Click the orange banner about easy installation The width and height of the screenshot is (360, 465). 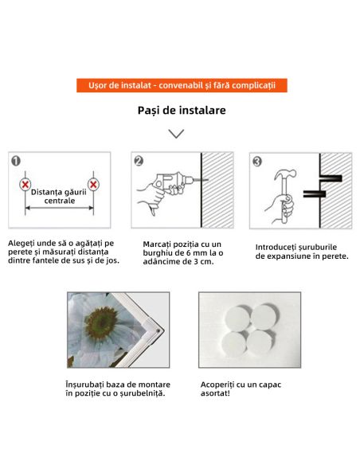point(182,85)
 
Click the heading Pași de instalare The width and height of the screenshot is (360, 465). point(182,111)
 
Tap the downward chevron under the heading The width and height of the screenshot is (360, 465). point(176,134)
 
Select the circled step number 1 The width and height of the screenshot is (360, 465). point(16,161)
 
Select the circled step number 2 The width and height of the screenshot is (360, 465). point(139,161)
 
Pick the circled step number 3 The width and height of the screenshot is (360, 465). point(257,162)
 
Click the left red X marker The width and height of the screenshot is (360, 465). point(25,185)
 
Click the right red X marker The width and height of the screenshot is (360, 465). point(93,185)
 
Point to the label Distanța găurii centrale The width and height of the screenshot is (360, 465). point(59,197)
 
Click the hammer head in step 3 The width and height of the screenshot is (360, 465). point(284,174)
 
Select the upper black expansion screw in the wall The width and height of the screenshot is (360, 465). point(331,178)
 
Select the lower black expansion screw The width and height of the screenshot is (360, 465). point(315,194)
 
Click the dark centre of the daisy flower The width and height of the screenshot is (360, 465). point(100,323)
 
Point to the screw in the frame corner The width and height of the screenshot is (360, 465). point(158,330)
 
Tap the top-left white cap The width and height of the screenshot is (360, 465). point(238,318)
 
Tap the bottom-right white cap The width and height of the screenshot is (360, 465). point(260,343)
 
